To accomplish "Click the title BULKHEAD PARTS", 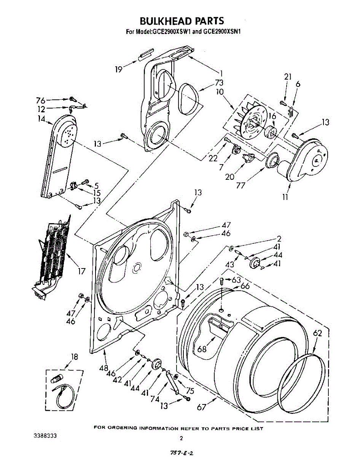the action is tap(182, 21).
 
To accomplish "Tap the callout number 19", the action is tap(119, 69).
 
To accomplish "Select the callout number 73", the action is tap(219, 82).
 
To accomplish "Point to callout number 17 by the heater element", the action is tap(81, 271).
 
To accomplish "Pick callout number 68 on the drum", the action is tap(202, 349).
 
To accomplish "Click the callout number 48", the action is tap(104, 368).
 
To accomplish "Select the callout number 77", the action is tap(241, 185).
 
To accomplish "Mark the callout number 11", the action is tap(285, 197).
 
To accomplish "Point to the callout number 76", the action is tap(41, 100).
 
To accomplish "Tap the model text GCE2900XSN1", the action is tap(222, 32).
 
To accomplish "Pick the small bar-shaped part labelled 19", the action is tap(146, 54).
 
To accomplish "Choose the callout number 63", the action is tap(236, 280).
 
